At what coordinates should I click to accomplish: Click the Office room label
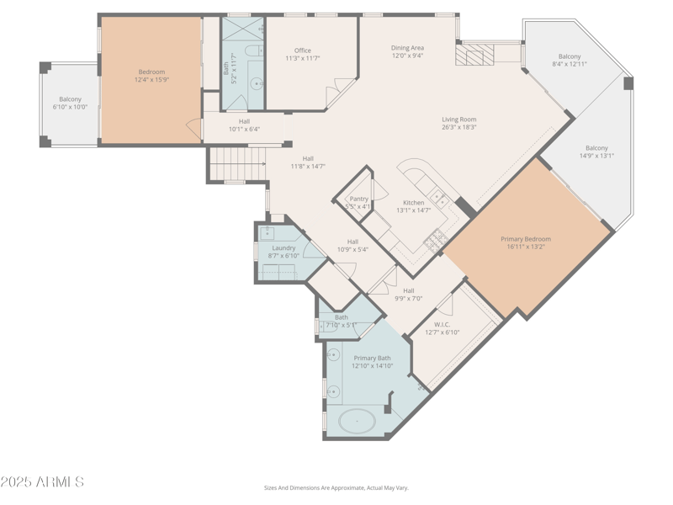[302, 50]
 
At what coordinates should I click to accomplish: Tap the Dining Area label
[407, 48]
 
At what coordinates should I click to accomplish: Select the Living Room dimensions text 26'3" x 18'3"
[459, 128]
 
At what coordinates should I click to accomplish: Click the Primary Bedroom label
[526, 239]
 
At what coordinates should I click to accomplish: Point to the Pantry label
[359, 199]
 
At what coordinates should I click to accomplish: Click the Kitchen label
[413, 202]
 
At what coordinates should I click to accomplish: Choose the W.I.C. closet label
[442, 324]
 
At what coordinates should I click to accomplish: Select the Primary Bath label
[372, 358]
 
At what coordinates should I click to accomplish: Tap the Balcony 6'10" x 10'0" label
[70, 99]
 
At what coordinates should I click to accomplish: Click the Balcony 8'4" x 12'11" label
[570, 56]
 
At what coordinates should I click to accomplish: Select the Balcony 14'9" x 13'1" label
[596, 147]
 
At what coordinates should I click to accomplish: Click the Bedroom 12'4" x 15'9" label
[151, 72]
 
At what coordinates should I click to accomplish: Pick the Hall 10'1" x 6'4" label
[244, 121]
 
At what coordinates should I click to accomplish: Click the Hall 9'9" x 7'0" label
[408, 290]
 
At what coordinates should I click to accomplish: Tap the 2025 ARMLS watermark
[42, 482]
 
